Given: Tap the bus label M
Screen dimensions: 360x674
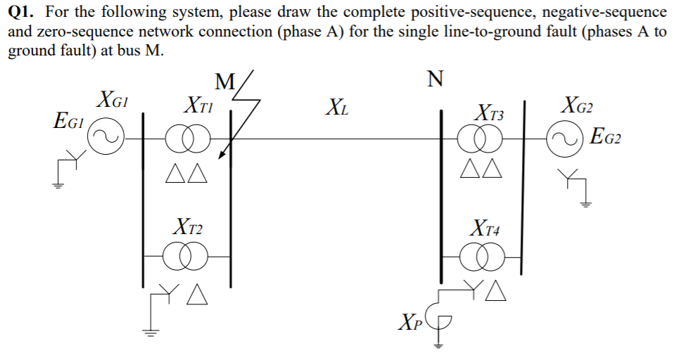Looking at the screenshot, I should (x=224, y=81).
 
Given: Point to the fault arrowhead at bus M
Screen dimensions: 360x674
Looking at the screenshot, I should (x=222, y=155).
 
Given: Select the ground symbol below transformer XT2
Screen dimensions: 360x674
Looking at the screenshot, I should (x=150, y=330).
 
